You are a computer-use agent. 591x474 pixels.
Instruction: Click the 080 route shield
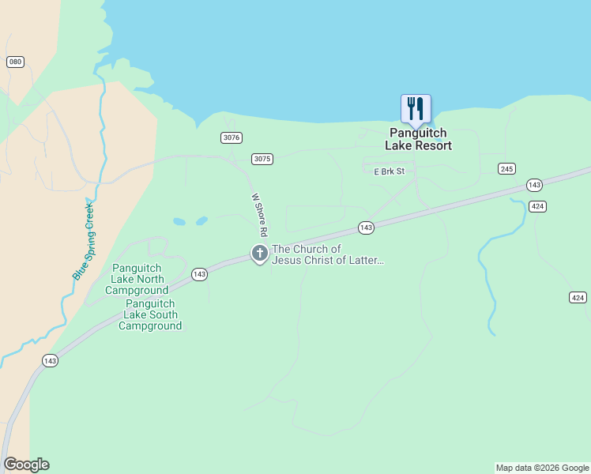15,62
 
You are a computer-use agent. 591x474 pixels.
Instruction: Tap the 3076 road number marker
231,137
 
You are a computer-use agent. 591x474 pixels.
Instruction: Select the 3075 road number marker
262,159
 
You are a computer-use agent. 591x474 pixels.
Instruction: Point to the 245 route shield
507,168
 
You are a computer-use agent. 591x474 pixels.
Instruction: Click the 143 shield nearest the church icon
365,228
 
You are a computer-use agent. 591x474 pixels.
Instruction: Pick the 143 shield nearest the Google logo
50,360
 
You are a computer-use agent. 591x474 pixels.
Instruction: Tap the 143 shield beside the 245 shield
534,185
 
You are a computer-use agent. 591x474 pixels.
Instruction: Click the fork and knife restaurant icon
416,109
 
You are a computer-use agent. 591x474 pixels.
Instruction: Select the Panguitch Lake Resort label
419,140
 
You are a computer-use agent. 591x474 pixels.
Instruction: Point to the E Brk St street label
389,171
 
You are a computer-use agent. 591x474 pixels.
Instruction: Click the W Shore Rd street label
259,216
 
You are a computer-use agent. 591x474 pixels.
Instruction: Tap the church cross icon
259,254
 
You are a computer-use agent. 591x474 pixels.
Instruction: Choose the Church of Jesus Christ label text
327,254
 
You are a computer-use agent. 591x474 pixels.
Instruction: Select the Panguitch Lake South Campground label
150,314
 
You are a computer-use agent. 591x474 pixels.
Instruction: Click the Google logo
26,465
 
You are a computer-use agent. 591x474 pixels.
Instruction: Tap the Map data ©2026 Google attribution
542,468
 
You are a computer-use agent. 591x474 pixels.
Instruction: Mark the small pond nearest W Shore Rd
201,221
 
